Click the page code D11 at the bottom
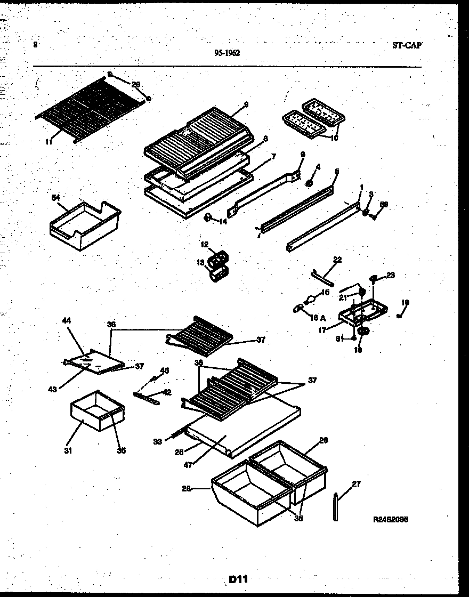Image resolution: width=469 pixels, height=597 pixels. pos(239,579)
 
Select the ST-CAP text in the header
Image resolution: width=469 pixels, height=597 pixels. pos(403,46)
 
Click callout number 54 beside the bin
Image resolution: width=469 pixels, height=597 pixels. pos(55,198)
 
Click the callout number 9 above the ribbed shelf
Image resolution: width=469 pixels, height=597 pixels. pos(246,105)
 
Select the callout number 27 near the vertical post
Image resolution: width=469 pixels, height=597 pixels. pos(357,484)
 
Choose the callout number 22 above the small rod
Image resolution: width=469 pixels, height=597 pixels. pos(337,260)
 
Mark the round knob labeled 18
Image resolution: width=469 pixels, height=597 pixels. pos(363,332)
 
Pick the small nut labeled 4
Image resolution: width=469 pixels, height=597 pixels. pos(309,183)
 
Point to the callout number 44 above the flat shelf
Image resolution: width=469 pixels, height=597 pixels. pos(67,320)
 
